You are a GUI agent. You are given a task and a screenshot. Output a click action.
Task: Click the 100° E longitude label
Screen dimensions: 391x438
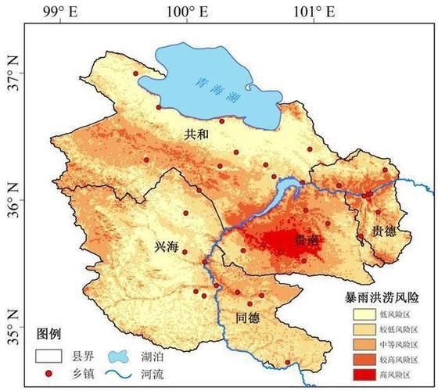click(187, 11)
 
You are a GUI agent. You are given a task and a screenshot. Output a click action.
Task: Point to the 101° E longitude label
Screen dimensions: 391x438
click(319, 11)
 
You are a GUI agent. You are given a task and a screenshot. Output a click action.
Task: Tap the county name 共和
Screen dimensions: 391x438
click(196, 135)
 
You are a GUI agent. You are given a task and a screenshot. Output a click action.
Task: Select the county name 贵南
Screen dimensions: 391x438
click(307, 241)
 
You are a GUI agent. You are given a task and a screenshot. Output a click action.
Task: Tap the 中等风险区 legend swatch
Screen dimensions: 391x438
click(363, 345)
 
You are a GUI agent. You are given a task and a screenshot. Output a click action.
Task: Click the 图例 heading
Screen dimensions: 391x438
click(48, 334)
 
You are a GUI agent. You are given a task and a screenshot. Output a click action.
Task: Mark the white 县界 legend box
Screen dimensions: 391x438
click(47, 355)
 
